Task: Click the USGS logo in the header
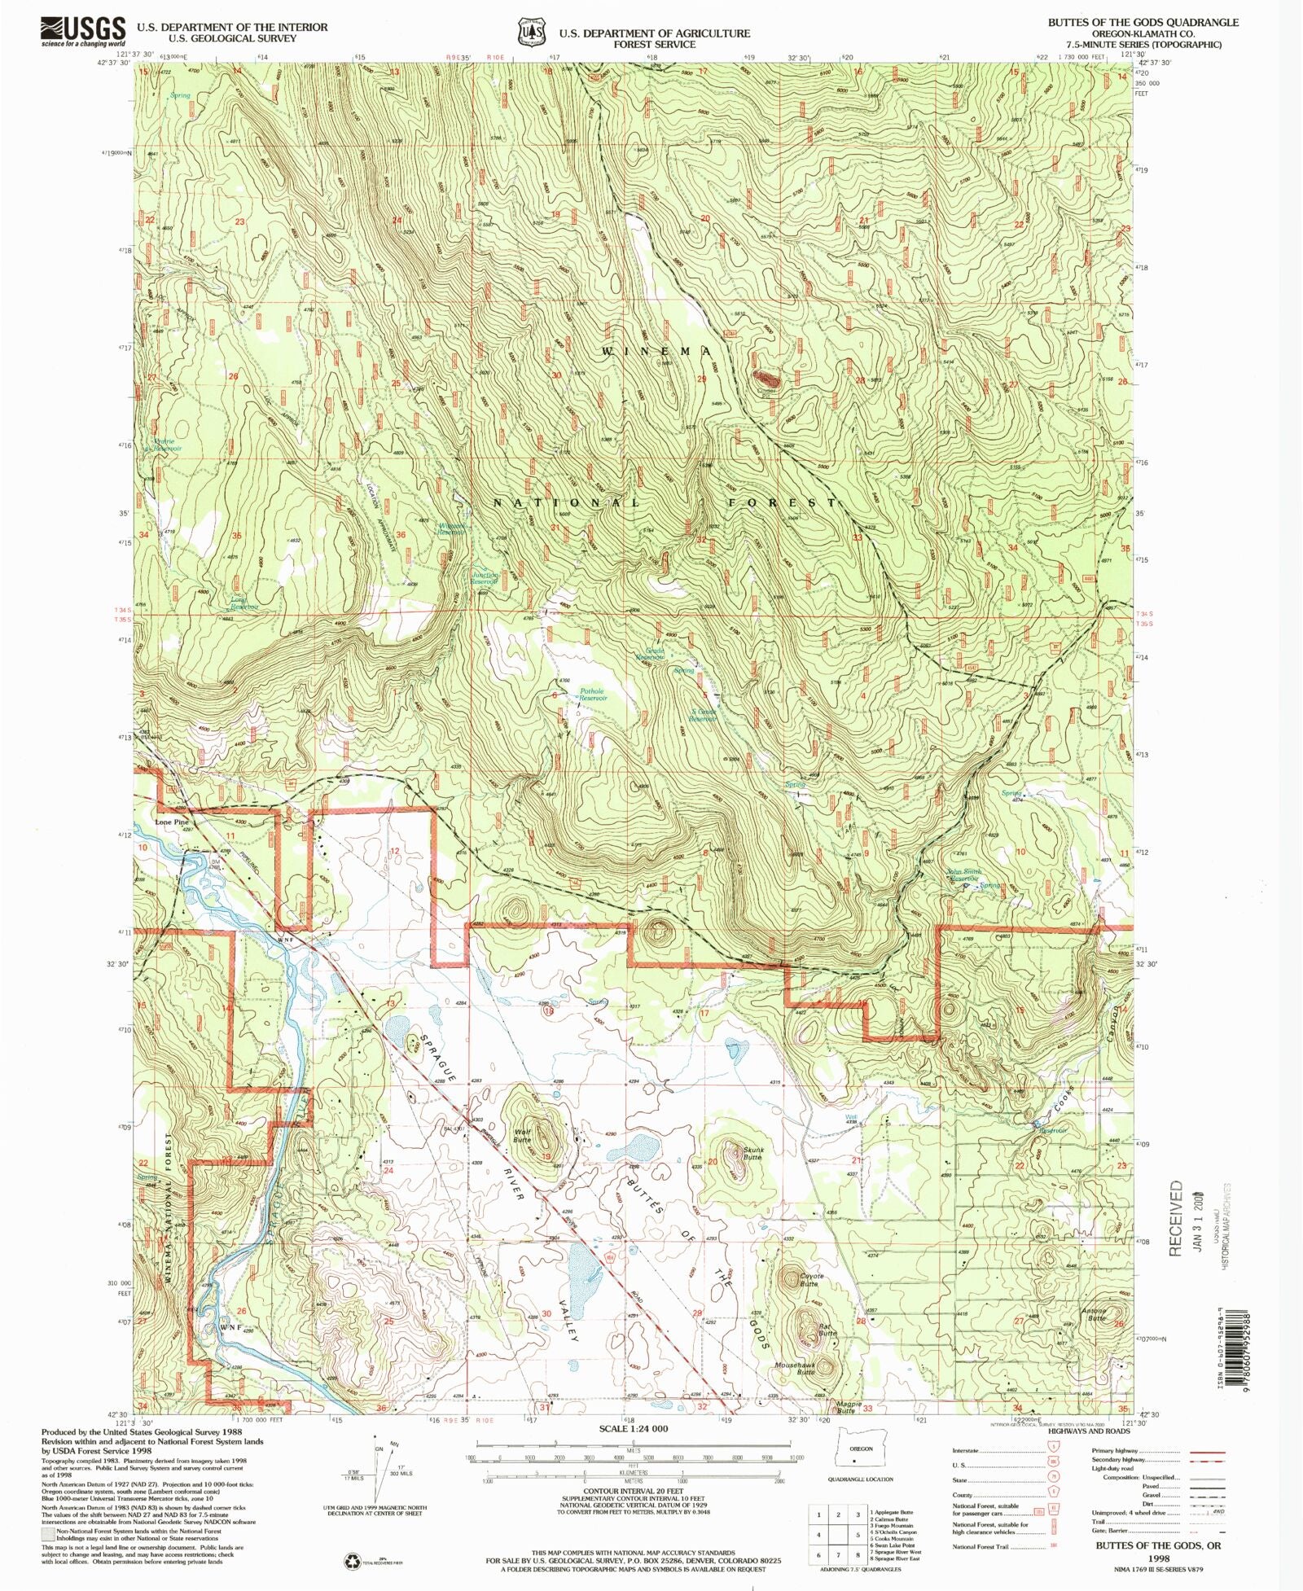click(83, 32)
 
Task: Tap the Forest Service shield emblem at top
click(530, 32)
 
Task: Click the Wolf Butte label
click(522, 1136)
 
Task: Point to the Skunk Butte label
click(752, 1154)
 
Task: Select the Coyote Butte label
click(811, 1280)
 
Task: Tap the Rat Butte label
click(827, 1330)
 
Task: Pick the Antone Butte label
click(1095, 1313)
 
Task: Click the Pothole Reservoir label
click(593, 695)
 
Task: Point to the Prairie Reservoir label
click(168, 445)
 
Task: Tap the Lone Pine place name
click(172, 822)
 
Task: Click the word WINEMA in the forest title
click(657, 351)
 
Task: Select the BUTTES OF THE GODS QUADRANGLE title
click(1143, 22)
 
